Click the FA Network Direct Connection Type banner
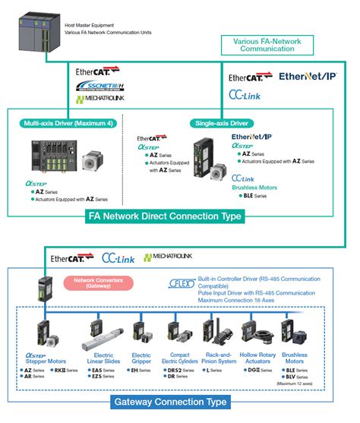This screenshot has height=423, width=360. pos(165,216)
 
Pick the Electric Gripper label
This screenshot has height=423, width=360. pos(141,358)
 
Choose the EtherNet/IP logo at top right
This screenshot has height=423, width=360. pos(308,77)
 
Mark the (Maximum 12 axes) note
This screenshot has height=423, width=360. pos(298,383)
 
